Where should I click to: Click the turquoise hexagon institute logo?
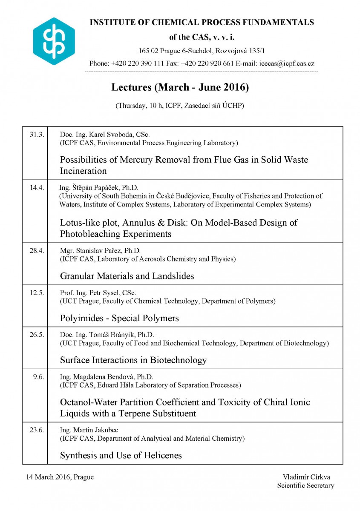point(54,41)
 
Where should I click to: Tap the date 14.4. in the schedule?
point(37,188)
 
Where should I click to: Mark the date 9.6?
point(38,376)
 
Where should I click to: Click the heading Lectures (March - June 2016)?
point(180,87)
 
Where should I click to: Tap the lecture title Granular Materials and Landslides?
point(127,276)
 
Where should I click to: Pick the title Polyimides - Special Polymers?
point(119,318)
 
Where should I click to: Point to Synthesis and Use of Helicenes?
point(121,455)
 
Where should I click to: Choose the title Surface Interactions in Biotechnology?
point(133,360)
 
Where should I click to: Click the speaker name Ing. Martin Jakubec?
point(87,430)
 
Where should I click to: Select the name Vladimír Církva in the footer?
point(305,477)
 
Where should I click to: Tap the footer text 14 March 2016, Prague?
point(60,477)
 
